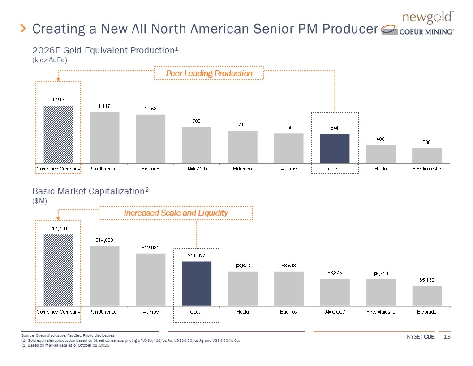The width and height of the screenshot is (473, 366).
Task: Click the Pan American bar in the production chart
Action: pos(104,137)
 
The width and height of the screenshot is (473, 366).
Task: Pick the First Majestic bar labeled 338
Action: pos(426,155)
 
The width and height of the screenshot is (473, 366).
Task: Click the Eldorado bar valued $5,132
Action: pos(427,296)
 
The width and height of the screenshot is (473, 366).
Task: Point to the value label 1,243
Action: pos(58,100)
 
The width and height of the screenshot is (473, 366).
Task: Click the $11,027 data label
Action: pos(196,256)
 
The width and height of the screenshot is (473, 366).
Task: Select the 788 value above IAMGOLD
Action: pos(196,121)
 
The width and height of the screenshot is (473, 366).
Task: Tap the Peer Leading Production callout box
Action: pos(209,73)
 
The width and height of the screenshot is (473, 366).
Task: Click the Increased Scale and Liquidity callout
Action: pos(176,213)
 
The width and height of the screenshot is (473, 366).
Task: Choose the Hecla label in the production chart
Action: pos(380,169)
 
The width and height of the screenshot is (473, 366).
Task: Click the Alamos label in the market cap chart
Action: pos(150,312)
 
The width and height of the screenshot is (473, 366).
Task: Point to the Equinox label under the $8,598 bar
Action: pos(288,312)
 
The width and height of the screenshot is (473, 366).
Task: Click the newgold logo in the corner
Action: pos(429,18)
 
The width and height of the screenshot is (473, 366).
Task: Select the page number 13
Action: pos(446,337)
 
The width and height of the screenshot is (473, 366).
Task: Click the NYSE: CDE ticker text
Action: pos(421,337)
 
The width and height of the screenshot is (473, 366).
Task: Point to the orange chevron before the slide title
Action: pos(24,29)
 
